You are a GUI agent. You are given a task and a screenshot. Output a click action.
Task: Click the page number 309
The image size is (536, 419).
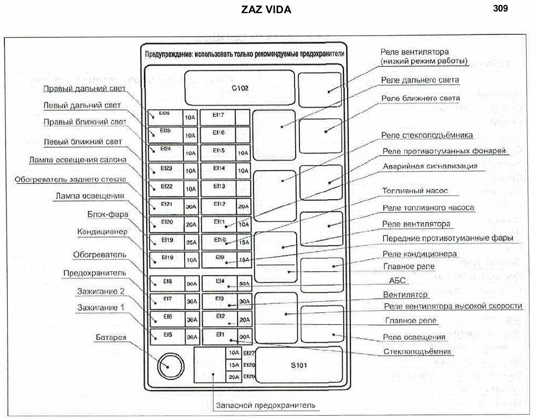(500, 8)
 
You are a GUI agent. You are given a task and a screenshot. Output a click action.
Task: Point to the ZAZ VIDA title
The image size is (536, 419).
(266, 10)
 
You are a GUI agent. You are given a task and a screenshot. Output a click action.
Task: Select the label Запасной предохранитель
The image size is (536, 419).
(266, 405)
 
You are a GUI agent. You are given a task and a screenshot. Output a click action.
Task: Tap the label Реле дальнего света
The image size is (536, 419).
(420, 80)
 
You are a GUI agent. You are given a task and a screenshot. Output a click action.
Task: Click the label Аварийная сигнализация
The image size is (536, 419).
(430, 166)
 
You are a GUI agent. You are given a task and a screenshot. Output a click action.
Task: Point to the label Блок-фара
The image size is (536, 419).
(107, 214)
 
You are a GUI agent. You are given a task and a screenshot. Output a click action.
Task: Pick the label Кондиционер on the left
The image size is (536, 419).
(102, 232)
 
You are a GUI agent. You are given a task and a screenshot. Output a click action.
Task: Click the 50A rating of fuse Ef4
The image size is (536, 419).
(244, 283)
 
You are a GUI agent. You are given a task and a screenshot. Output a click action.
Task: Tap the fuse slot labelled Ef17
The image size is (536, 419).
(218, 115)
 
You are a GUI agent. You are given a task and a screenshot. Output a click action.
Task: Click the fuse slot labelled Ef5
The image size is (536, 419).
(166, 335)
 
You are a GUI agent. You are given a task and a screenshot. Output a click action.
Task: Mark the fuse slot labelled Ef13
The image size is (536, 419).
(218, 187)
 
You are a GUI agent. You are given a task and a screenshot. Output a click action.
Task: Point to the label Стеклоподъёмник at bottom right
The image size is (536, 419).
(417, 351)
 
